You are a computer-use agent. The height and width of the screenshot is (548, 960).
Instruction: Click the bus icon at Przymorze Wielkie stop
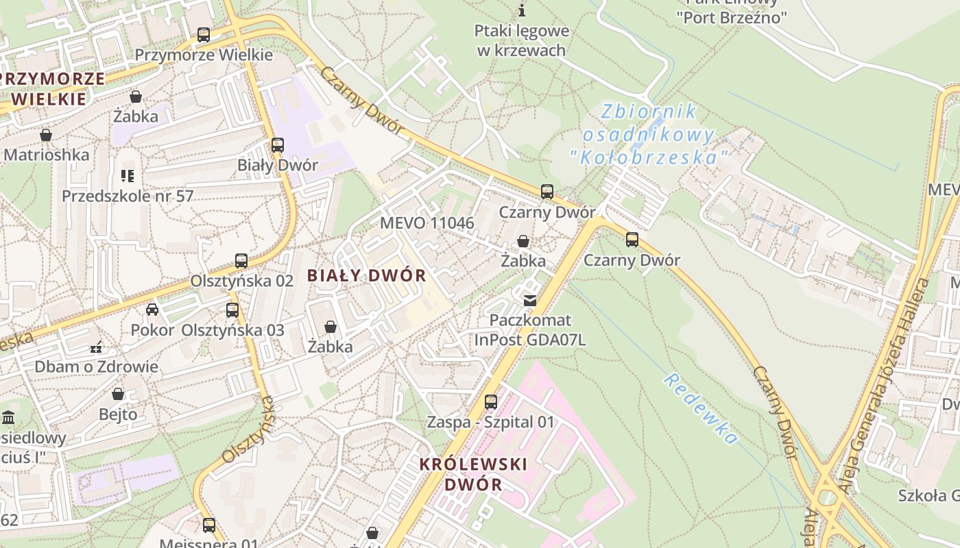click(x=203, y=34)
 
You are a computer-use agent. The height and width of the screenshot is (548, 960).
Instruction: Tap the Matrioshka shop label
click(x=47, y=155)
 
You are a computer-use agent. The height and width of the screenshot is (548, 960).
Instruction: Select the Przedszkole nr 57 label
click(x=128, y=196)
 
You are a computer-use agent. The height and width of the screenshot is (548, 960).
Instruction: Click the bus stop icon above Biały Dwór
click(x=277, y=145)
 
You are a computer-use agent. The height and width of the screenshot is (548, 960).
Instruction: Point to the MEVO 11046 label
click(x=427, y=223)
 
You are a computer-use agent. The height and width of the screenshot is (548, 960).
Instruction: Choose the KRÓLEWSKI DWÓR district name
click(x=473, y=474)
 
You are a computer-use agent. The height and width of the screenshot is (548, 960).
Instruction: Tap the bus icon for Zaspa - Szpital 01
click(x=491, y=402)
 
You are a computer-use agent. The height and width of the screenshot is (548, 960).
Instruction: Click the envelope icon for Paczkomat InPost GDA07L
click(x=530, y=300)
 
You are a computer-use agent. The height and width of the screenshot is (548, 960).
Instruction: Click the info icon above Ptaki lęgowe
click(x=522, y=10)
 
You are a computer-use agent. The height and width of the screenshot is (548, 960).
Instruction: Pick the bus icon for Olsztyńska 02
click(x=241, y=261)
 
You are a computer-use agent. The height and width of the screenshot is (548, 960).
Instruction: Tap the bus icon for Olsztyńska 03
click(x=232, y=310)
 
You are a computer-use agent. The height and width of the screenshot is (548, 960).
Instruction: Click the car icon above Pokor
click(x=152, y=310)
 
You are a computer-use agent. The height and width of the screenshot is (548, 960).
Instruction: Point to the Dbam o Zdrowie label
click(x=96, y=366)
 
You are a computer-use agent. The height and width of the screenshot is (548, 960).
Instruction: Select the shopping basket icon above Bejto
click(x=118, y=395)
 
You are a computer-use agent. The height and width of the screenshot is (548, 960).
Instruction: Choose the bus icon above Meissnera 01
click(x=209, y=525)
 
